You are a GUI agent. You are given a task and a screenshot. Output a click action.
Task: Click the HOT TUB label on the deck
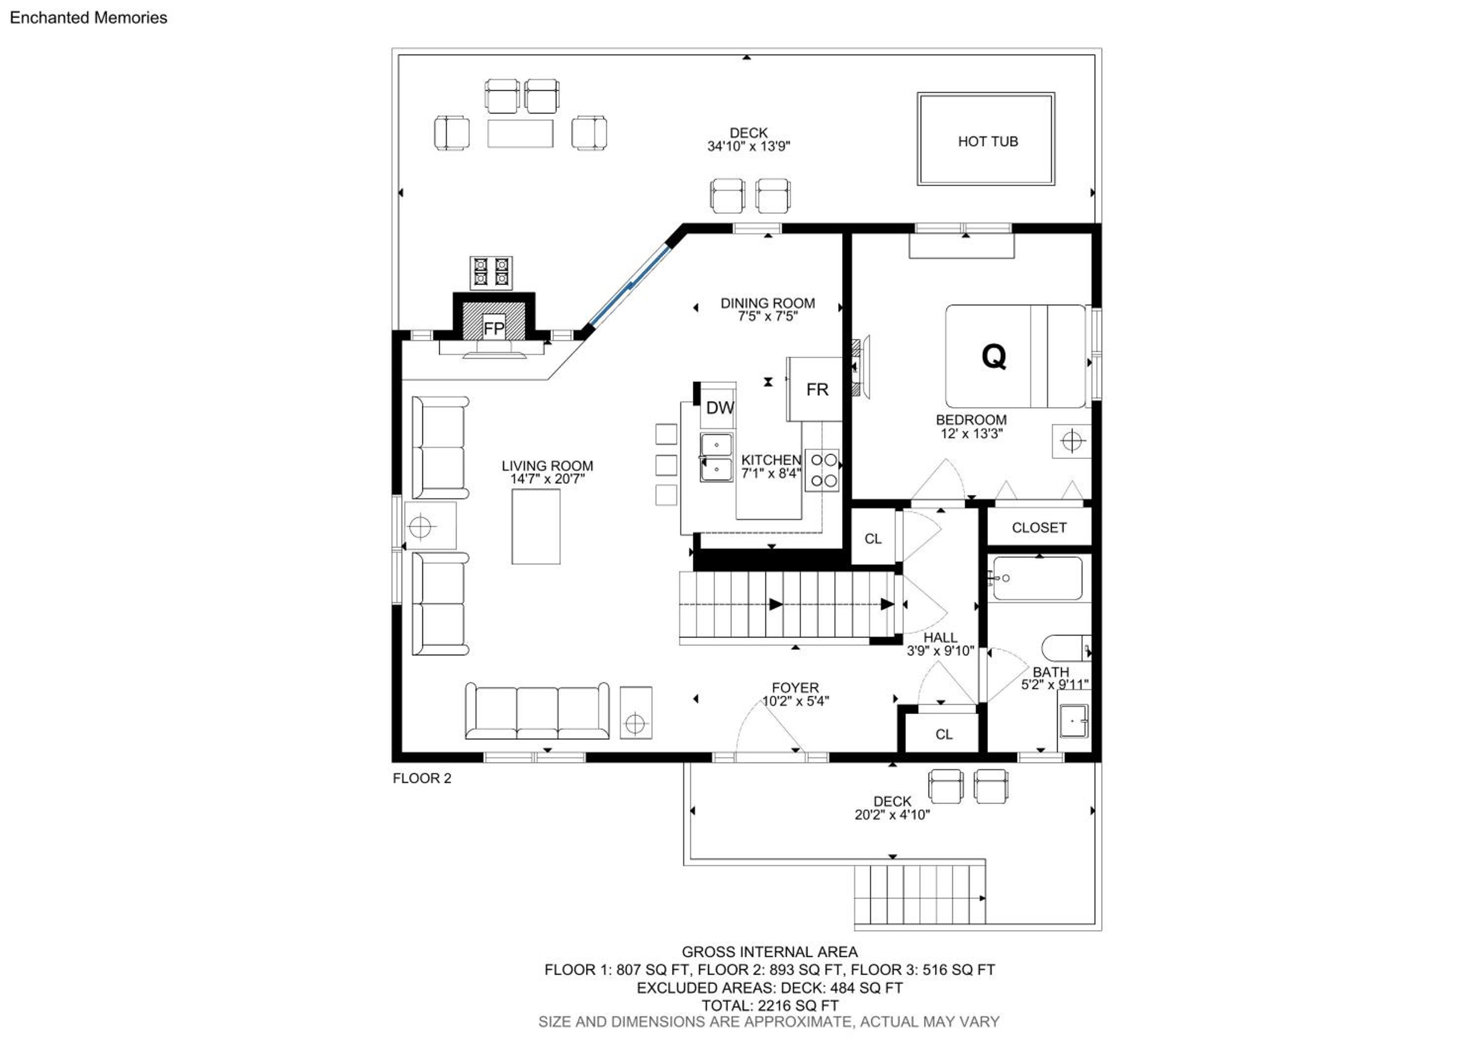point(988,141)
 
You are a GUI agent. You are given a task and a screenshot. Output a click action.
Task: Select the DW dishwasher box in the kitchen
point(719,407)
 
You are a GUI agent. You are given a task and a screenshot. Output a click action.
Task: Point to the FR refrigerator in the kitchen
point(815,390)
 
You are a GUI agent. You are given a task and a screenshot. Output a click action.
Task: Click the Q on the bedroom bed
point(994,356)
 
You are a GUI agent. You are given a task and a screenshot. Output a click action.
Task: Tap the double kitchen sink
point(716,457)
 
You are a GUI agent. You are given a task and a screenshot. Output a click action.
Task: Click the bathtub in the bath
point(1037,578)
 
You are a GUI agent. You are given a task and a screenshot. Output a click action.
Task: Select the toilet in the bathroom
point(1066,648)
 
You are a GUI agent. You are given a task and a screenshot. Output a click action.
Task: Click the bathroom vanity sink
point(1074,721)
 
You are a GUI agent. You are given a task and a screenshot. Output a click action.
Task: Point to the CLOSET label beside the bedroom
point(1039,527)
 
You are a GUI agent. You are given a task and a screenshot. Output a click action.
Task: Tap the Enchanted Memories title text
point(88,17)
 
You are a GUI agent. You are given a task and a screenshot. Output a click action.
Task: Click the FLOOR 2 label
point(422,778)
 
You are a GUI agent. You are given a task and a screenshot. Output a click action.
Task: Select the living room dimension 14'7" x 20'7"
point(547,479)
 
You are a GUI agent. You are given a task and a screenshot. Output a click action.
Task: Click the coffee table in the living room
point(536,526)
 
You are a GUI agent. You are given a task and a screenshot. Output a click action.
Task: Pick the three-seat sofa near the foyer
point(537,711)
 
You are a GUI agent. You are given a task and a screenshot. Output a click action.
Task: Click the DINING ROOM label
point(767,303)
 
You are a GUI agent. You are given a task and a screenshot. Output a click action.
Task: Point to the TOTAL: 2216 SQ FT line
point(770,1005)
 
